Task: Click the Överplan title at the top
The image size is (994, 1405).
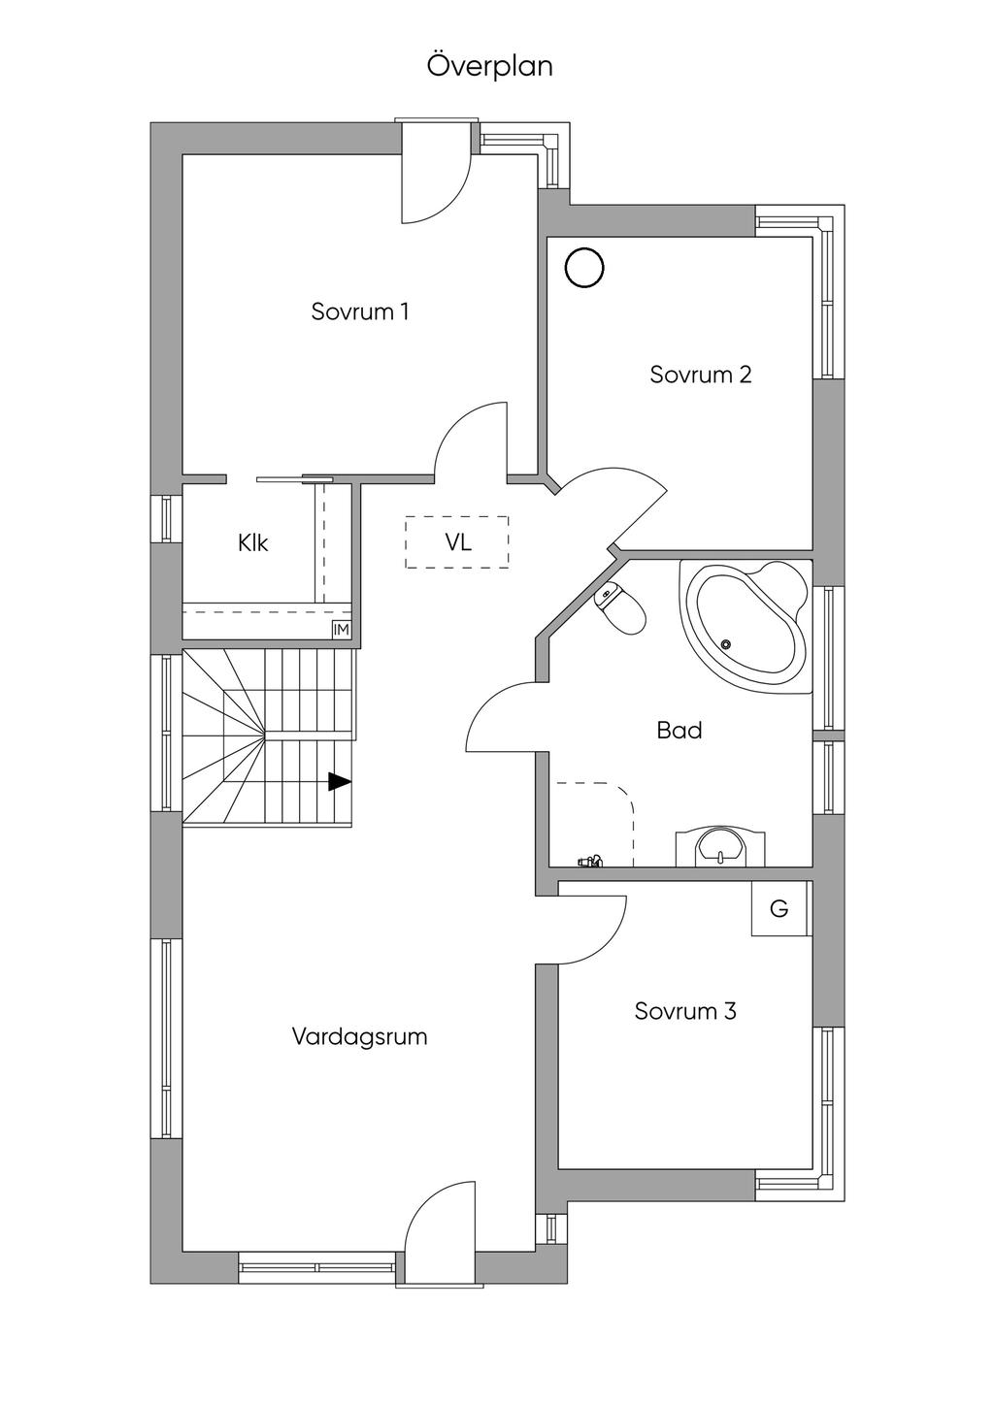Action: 490,66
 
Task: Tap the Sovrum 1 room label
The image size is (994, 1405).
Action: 359,311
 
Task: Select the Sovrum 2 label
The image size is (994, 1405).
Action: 700,375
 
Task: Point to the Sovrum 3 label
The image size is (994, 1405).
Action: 685,1011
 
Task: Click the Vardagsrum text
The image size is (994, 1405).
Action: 359,1036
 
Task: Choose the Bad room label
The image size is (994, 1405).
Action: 679,730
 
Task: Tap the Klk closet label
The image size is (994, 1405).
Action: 252,543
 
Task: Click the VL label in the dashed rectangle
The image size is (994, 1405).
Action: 458,542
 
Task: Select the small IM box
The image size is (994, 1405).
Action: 341,630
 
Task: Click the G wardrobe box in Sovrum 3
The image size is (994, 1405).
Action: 779,909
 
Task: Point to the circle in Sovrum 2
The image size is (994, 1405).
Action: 585,268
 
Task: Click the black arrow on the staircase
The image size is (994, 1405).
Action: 339,781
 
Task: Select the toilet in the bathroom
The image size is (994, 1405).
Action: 622,609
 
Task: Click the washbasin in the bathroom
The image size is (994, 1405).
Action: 719,846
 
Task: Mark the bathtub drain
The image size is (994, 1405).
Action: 726,642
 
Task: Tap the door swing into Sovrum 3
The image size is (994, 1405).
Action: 592,929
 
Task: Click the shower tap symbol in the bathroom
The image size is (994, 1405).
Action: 590,860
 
